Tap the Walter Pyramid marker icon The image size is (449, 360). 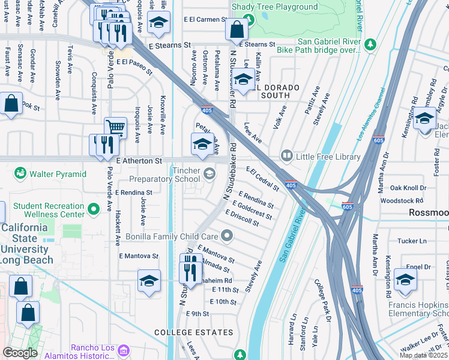[21, 174]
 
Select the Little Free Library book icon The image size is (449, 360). [287, 157]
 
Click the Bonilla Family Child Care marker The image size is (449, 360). [226, 235]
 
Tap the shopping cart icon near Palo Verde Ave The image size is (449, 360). [115, 127]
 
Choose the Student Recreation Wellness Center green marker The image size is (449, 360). [93, 209]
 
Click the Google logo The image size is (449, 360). [20, 353]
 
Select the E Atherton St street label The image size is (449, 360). [139, 161]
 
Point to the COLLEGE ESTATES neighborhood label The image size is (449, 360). [184, 332]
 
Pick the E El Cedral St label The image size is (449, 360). [262, 179]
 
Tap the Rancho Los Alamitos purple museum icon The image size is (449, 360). [124, 349]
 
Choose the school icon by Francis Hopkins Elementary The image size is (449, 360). [406, 280]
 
